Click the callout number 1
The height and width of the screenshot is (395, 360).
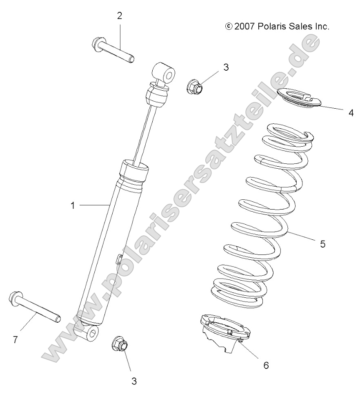coord(73,205)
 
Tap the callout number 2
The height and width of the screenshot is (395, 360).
coord(119,16)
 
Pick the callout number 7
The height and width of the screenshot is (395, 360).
coord(15,339)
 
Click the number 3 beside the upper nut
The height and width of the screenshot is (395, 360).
coord(226,67)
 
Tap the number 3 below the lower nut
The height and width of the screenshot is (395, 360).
coord(133,381)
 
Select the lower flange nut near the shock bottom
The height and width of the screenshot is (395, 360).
coord(120,344)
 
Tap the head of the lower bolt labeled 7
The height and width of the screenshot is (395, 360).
coord(14,298)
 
